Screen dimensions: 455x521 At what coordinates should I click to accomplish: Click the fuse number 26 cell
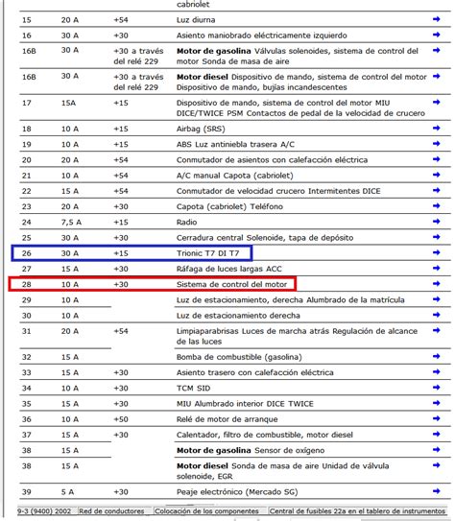point(26,253)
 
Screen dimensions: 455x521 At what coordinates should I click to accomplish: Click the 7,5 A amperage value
point(70,222)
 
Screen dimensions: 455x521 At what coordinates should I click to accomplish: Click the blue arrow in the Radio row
point(435,222)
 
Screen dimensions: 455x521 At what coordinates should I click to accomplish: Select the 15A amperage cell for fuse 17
point(68,103)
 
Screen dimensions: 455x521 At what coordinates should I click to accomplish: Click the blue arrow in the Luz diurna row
point(435,19)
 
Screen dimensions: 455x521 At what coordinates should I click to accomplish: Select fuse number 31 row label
point(26,331)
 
